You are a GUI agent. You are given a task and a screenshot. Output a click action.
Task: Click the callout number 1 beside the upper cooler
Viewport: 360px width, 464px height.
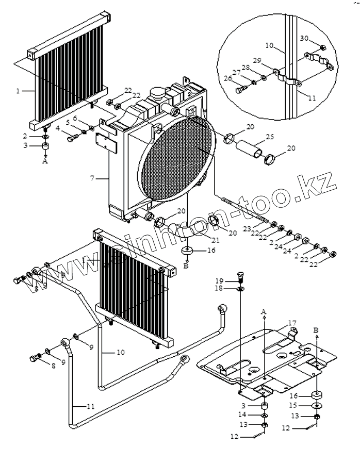coord(18,91)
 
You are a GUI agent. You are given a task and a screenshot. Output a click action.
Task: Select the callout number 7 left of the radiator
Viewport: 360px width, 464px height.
coord(92,178)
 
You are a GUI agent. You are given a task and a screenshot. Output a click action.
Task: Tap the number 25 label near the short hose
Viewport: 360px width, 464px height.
coord(270,137)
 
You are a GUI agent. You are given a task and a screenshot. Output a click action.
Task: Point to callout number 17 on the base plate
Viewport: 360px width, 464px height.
coord(292,323)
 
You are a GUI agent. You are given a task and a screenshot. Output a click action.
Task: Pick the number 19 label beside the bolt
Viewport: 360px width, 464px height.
coord(219,280)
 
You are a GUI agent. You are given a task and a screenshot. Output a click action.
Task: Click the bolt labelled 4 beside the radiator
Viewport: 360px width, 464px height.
coord(73,137)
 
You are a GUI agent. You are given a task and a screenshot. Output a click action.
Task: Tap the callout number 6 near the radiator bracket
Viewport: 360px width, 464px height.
coord(75,118)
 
